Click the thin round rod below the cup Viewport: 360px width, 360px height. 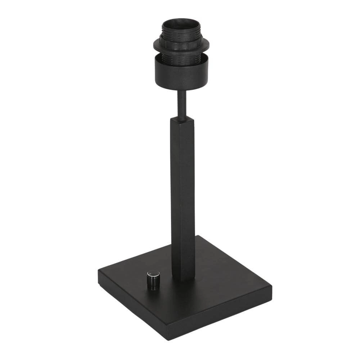(x=182, y=104)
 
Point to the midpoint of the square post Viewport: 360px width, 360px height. (x=183, y=198)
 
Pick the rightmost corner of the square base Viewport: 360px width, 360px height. (x=272, y=284)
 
